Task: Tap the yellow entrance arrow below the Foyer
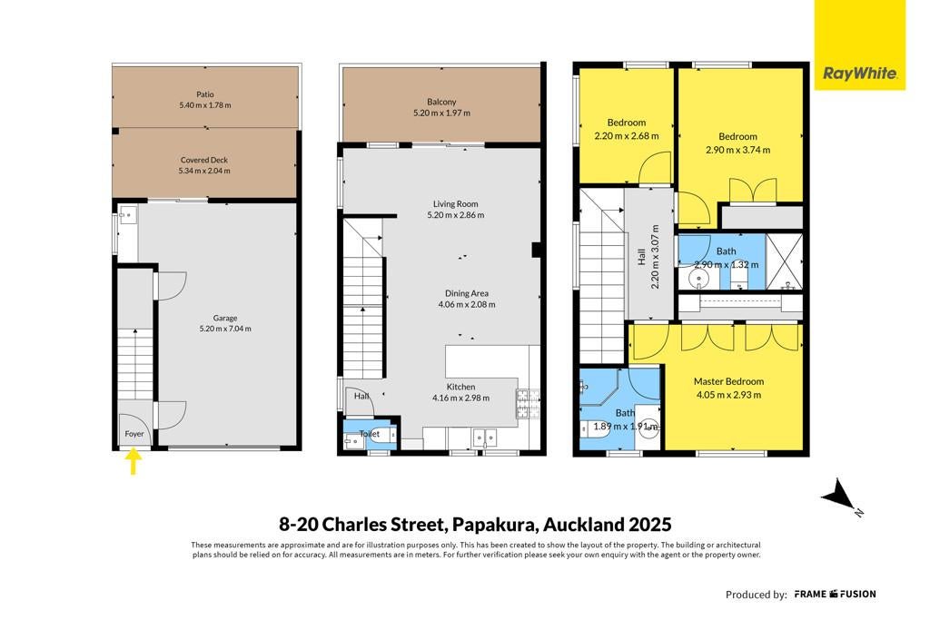[134, 461]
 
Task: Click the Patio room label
[205, 94]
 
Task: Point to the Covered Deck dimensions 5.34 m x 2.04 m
[204, 171]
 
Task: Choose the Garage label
[225, 318]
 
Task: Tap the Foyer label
[134, 434]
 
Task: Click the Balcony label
[442, 102]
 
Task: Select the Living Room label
[456, 204]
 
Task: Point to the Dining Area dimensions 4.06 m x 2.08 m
[467, 305]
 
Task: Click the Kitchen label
[460, 387]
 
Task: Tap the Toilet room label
[370, 434]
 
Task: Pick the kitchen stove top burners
[528, 404]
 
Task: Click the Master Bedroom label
[729, 382]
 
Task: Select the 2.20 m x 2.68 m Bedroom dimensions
[627, 136]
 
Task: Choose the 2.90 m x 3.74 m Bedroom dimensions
[738, 150]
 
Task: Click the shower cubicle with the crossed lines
[784, 262]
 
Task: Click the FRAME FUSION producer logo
[836, 594]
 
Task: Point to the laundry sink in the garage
[128, 214]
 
